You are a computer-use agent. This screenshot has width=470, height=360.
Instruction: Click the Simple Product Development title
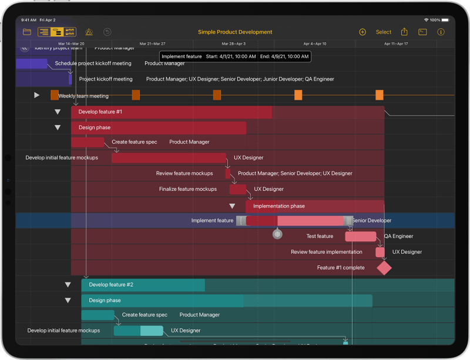(x=235, y=32)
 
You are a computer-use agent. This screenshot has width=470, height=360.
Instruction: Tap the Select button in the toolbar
(x=384, y=32)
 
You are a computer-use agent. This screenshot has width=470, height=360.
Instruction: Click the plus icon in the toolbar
(x=362, y=32)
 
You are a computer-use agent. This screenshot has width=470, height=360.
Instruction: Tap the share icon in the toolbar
(x=404, y=32)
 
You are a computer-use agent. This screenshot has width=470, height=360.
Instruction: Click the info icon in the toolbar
(x=441, y=32)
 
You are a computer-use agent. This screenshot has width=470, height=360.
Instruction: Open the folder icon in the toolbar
(x=27, y=32)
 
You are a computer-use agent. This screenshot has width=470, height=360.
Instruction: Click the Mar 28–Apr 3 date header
(x=234, y=43)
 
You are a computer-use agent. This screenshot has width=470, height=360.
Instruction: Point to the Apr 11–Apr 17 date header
(x=396, y=43)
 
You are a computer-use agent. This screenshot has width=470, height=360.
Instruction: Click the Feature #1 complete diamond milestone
(x=384, y=268)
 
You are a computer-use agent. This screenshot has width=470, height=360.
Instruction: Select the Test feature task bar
(x=360, y=237)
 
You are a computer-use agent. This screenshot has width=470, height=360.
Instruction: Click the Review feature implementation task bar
(x=380, y=252)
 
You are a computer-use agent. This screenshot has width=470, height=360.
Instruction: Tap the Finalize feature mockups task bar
(x=238, y=189)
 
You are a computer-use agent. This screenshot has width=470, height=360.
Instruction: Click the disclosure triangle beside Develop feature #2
(x=68, y=285)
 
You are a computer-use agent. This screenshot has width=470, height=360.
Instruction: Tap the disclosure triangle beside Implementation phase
(x=232, y=206)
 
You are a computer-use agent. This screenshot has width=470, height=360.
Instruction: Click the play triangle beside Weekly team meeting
(x=36, y=95)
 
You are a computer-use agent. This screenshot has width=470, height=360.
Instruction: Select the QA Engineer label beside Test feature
(x=398, y=237)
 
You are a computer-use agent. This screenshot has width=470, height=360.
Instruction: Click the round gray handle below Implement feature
(x=277, y=234)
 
